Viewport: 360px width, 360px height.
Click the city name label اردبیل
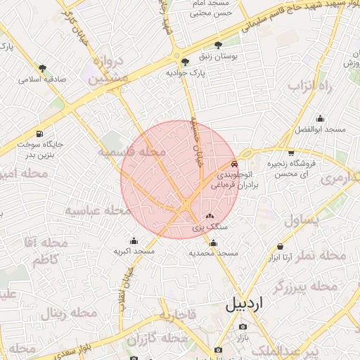[x=244, y=305]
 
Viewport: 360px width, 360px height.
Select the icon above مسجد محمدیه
[x=214, y=243]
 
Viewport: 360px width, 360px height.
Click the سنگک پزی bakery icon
[x=210, y=217]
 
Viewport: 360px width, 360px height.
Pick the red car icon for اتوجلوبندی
[x=235, y=164]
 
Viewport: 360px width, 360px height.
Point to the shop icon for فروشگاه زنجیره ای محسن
[x=290, y=154]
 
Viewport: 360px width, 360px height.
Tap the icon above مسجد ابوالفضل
[x=321, y=119]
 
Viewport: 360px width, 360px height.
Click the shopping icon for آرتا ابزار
[x=281, y=247]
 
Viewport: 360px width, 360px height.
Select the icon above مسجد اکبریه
[x=134, y=241]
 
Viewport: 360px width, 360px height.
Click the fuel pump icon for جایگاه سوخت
[x=38, y=134]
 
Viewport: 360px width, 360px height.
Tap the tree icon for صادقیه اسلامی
[x=43, y=69]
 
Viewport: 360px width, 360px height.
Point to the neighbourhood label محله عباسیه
[x=98, y=210]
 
